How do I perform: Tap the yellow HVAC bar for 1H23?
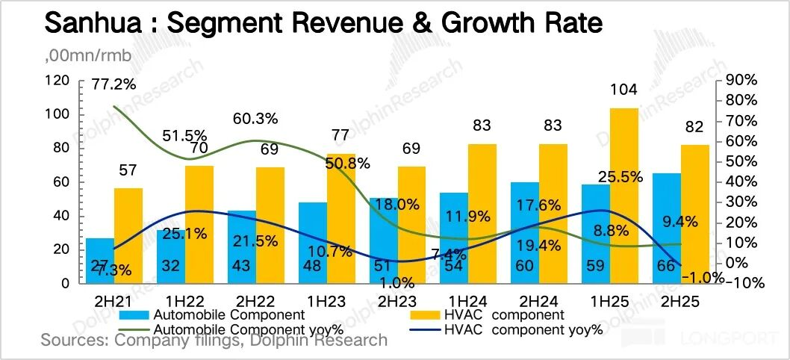point(340,224)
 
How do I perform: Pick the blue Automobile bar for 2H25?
point(666,228)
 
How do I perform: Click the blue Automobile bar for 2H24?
point(524,232)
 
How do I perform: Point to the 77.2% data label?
point(113,84)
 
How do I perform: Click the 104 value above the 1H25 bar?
point(623,90)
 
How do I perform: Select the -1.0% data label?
point(703,277)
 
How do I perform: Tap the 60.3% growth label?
point(256,118)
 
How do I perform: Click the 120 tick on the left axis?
point(57,80)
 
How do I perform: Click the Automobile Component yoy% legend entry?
point(239,329)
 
